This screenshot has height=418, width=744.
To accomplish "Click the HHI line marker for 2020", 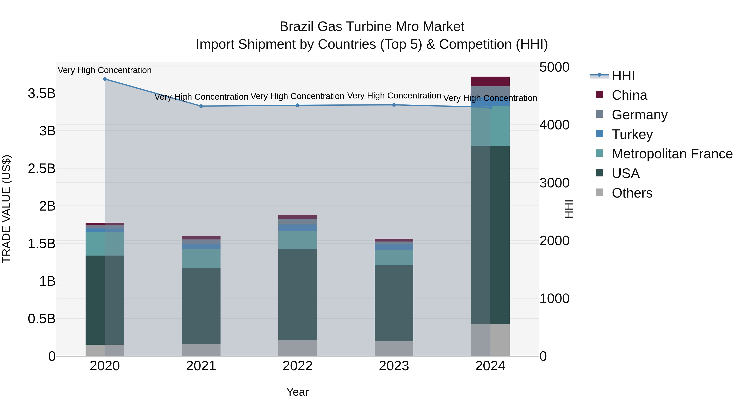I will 105,79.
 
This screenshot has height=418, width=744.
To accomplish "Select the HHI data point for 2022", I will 297,105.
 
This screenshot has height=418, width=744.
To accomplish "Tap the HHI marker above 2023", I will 394,105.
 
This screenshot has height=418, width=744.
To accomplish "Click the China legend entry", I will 629,95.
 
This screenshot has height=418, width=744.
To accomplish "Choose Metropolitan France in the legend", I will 672,154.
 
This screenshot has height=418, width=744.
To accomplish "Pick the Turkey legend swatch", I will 600,134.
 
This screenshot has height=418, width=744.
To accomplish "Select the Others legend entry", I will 632,193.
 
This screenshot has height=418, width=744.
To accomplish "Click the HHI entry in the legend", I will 623,76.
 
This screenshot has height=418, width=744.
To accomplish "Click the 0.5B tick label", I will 42,319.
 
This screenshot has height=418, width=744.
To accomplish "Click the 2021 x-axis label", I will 201,366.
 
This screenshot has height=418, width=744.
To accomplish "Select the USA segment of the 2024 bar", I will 490,235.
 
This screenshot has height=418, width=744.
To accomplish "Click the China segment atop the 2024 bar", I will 490,81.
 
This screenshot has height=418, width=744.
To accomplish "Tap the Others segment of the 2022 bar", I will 297,348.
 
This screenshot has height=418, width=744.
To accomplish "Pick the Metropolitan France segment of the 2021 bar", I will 201,258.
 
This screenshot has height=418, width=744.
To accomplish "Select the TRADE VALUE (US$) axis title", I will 6,209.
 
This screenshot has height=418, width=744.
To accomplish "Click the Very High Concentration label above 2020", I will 105,70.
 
